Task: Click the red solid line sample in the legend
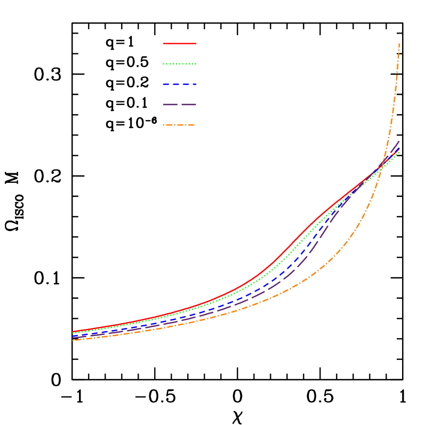(x=180, y=43)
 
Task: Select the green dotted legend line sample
(x=180, y=63)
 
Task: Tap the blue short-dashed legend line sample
(x=180, y=84)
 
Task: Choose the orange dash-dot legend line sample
(x=180, y=125)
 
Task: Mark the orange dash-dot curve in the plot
(x=320, y=268)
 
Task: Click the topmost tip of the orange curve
(x=399, y=44)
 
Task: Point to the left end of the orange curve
(x=73, y=340)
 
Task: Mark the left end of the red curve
(x=73, y=331)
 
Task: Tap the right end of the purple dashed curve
(x=399, y=141)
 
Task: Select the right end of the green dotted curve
(x=399, y=152)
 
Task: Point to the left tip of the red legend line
(x=164, y=43)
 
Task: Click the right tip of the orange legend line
(x=196, y=125)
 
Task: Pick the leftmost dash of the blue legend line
(x=166, y=84)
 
